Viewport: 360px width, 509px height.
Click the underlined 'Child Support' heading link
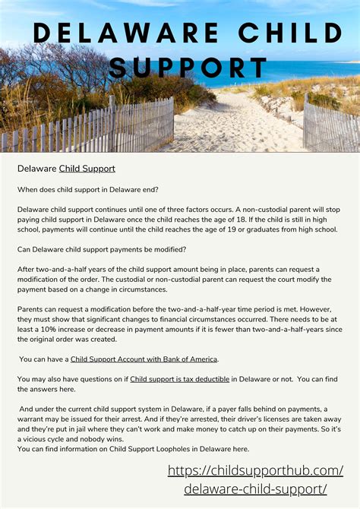tap(87, 168)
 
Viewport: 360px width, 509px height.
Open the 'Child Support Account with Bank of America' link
tap(144, 359)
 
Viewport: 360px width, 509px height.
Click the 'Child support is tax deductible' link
tap(179, 378)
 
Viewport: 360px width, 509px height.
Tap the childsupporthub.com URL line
tap(255, 471)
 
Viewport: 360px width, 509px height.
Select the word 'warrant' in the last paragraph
tap(35, 419)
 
